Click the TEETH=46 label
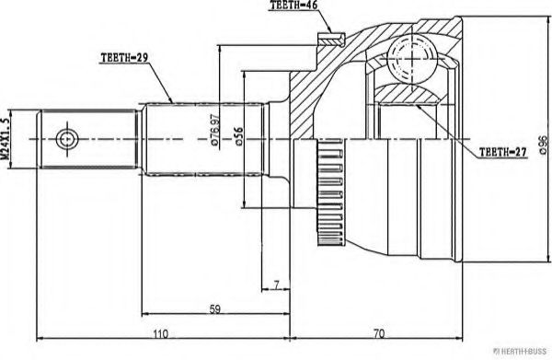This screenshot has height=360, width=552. click(294, 7)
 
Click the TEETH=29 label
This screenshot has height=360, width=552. click(124, 57)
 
